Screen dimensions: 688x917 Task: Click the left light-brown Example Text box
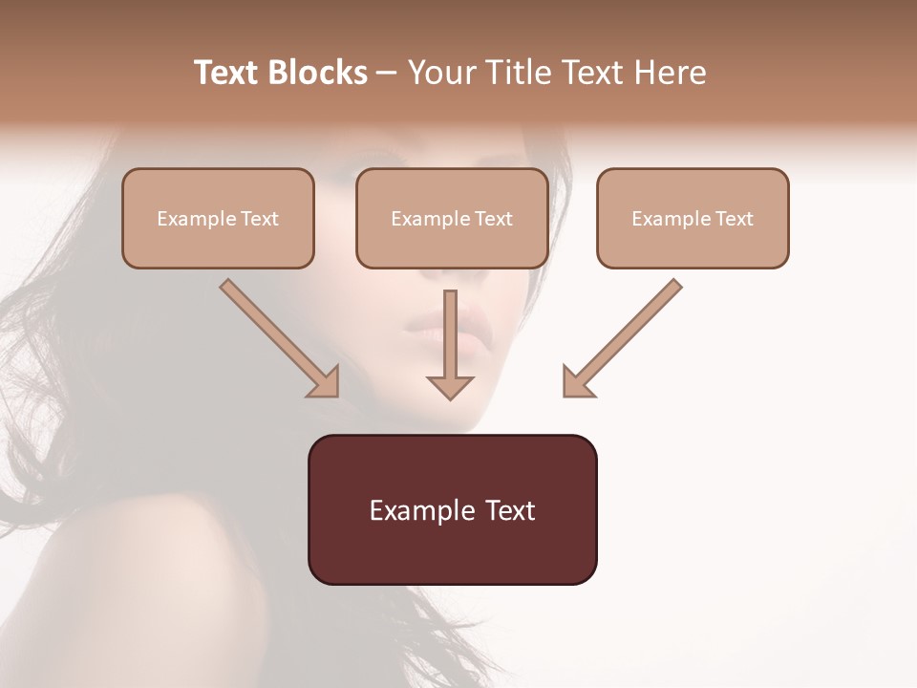218,218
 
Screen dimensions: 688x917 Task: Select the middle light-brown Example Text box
452,218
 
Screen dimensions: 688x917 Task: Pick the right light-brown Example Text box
693,218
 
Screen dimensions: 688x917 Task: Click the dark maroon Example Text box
452,509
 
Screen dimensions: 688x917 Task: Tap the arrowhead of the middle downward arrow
450,386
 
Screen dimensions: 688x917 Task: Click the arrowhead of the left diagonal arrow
325,382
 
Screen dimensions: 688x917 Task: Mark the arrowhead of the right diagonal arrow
577,382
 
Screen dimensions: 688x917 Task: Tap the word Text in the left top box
260,219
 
